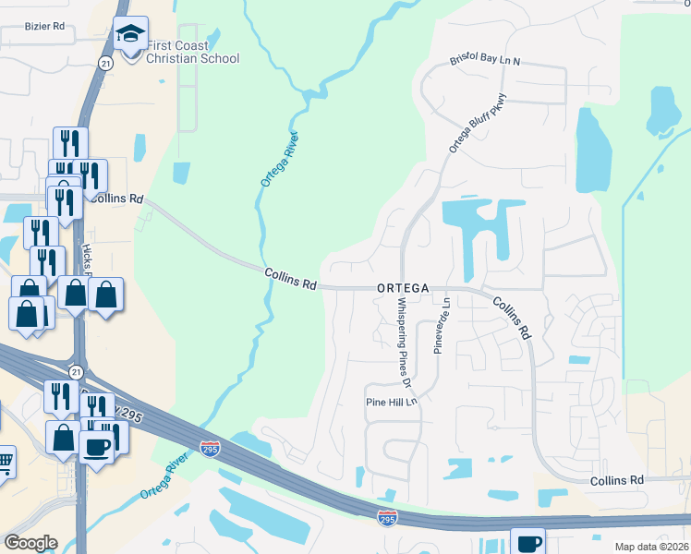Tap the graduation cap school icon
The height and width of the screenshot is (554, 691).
click(x=131, y=35)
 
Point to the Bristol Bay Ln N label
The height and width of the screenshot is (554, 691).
click(x=486, y=59)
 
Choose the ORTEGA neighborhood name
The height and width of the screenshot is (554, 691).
click(x=403, y=288)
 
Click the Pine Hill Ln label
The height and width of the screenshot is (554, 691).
click(x=392, y=402)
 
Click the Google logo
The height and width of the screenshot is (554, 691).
click(x=30, y=543)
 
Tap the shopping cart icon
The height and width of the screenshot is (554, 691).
click(x=5, y=460)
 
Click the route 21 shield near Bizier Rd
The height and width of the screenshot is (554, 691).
click(x=106, y=61)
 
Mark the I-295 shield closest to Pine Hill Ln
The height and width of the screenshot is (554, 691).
click(x=389, y=520)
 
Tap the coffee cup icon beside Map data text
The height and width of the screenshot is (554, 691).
click(x=527, y=543)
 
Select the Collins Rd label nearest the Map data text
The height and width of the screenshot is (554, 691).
click(x=617, y=480)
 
